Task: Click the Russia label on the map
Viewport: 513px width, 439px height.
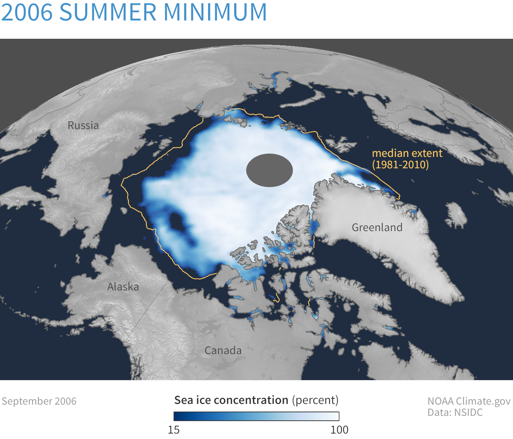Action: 83,125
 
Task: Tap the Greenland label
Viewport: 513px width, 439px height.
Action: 377,228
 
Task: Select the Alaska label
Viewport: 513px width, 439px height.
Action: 123,287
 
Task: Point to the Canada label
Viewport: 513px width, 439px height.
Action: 223,350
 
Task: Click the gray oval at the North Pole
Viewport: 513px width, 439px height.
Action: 270,170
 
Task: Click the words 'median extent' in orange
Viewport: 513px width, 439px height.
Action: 407,153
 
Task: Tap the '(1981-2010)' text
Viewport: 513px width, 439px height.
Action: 401,165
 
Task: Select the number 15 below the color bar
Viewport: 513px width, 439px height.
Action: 173,430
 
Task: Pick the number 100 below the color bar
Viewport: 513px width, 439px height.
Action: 339,430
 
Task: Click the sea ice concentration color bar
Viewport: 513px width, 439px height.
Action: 256,416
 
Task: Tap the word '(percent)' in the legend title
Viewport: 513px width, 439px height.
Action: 315,400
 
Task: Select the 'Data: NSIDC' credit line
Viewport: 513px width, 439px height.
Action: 455,413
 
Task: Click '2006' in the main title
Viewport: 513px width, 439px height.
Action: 27,12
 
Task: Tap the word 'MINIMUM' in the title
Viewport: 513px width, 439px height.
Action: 215,12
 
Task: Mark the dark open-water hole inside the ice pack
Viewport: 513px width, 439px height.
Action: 177,222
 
